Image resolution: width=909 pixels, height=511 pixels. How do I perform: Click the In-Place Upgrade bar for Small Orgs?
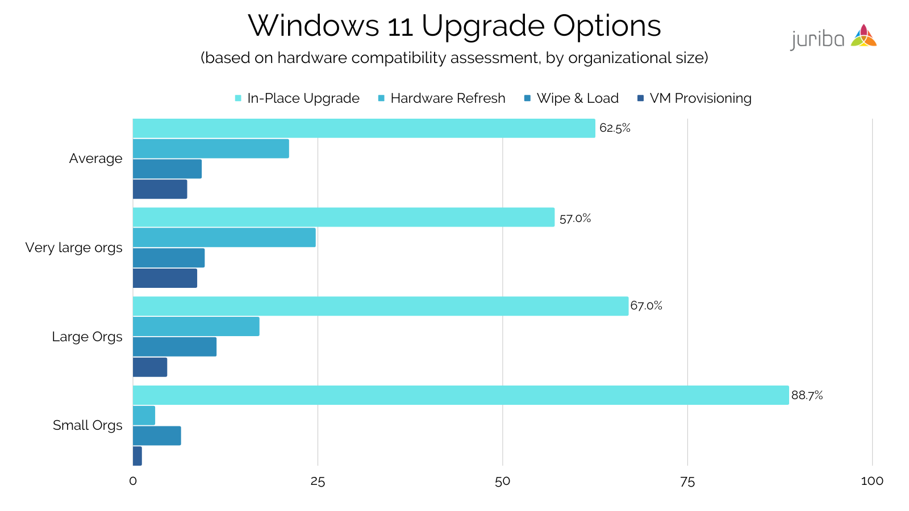coord(460,395)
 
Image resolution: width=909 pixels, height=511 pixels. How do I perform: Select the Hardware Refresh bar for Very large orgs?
coord(224,237)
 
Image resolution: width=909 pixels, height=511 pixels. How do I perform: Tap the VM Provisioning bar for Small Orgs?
coord(137,456)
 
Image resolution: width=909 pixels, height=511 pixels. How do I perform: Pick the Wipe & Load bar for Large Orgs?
coord(174,347)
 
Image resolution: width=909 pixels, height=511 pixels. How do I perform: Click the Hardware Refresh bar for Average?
coord(211,149)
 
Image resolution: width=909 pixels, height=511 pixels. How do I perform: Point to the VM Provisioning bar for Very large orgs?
coord(165,278)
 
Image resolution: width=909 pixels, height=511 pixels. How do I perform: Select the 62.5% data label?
coord(615,128)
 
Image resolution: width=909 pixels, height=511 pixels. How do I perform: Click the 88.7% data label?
coord(807,396)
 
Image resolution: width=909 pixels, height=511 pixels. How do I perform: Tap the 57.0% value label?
coord(575,219)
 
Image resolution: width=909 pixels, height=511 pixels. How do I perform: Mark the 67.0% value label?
coord(646,306)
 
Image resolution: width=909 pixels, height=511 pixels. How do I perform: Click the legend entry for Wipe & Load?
coord(577,98)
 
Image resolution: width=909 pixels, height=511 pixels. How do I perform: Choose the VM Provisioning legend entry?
coord(700,98)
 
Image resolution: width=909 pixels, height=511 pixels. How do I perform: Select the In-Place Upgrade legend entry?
coord(303,98)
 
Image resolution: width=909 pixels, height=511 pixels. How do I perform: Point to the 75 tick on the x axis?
coord(687,481)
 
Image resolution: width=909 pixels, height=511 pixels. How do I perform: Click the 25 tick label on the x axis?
coord(318,481)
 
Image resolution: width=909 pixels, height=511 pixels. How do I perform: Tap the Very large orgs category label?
coord(74,248)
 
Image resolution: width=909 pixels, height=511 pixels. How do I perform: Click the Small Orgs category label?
coord(87,425)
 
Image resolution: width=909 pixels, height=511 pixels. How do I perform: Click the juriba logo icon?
coord(864,36)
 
